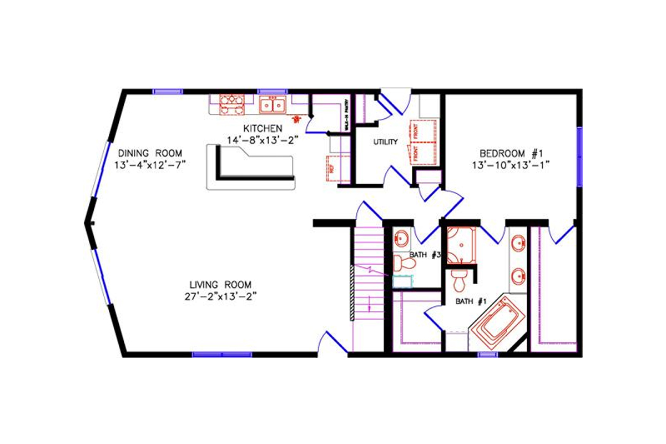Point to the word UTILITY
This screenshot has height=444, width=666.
(385, 142)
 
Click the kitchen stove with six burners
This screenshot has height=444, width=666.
(231, 104)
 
